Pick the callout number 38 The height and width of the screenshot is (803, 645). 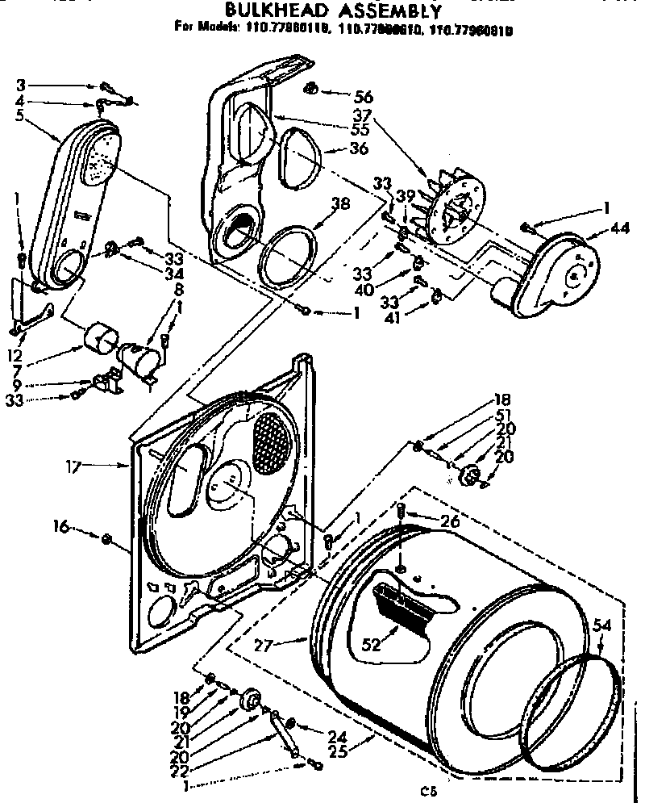341,204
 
